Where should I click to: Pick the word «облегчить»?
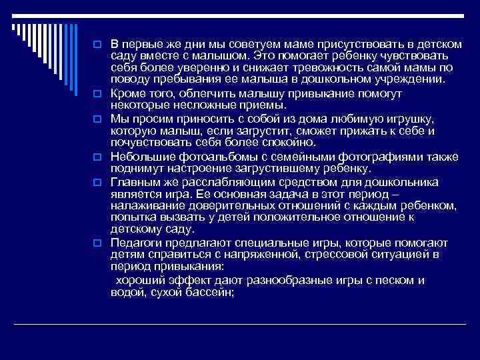coord(195,92)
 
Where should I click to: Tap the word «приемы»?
coord(263,104)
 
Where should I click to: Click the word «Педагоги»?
coord(137,243)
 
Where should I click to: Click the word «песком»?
coord(393,279)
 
